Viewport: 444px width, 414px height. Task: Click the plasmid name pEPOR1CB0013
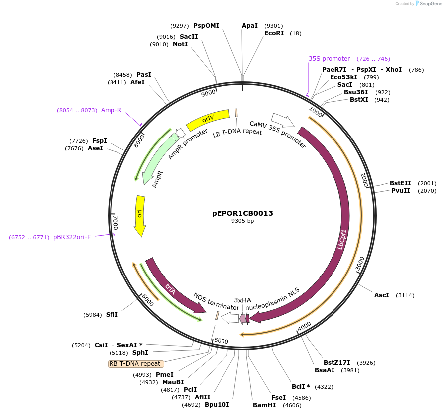(x=242, y=213)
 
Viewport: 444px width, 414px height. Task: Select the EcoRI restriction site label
(x=274, y=33)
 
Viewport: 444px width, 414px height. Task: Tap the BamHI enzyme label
(x=264, y=405)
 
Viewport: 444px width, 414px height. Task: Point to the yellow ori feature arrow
(x=140, y=214)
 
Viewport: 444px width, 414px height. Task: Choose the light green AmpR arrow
(x=158, y=157)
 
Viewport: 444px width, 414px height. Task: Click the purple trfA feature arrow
(x=172, y=287)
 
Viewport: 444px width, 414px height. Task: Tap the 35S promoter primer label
(x=329, y=59)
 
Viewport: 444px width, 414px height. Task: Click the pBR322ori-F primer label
(x=72, y=237)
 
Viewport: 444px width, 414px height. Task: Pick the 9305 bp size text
(x=242, y=221)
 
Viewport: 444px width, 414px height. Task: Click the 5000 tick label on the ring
(x=221, y=341)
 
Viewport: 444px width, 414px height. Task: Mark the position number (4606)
(x=292, y=405)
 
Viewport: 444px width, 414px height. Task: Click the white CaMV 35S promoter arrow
(x=283, y=121)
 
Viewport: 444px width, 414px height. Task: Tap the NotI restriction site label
(x=180, y=44)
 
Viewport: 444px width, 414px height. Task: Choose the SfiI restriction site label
(x=112, y=315)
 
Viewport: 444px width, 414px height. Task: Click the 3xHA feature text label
(x=243, y=300)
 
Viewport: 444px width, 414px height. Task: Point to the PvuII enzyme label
(x=400, y=191)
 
